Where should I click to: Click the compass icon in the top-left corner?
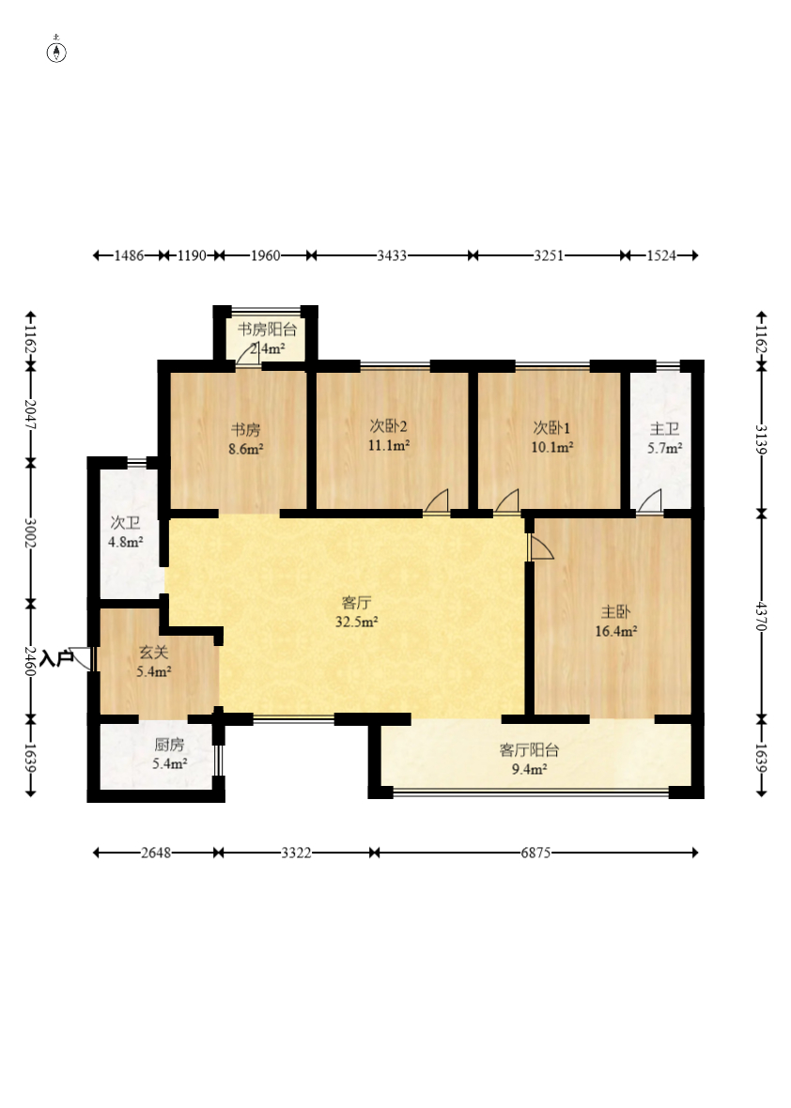click(x=56, y=52)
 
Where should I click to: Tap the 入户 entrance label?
click(x=56, y=658)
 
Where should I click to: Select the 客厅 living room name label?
click(x=356, y=603)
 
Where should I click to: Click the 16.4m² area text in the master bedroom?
click(x=615, y=632)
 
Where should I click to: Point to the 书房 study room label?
click(x=246, y=430)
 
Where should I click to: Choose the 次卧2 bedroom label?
click(x=389, y=426)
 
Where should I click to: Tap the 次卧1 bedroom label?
click(x=551, y=427)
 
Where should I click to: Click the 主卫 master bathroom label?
click(x=664, y=428)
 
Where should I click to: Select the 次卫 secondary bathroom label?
click(x=125, y=523)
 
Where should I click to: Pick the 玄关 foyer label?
click(x=153, y=653)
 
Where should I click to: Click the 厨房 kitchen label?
click(x=170, y=744)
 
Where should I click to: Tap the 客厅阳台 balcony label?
click(x=530, y=749)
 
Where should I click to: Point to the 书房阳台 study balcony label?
click(x=267, y=330)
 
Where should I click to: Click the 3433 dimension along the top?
click(x=392, y=255)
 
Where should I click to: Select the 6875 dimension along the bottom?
click(x=535, y=853)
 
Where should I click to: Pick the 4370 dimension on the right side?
click(x=761, y=615)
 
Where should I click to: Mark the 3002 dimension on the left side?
click(x=30, y=533)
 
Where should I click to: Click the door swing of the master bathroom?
click(x=650, y=500)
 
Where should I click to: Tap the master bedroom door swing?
click(x=541, y=546)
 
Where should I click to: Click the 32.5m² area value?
click(x=356, y=623)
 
